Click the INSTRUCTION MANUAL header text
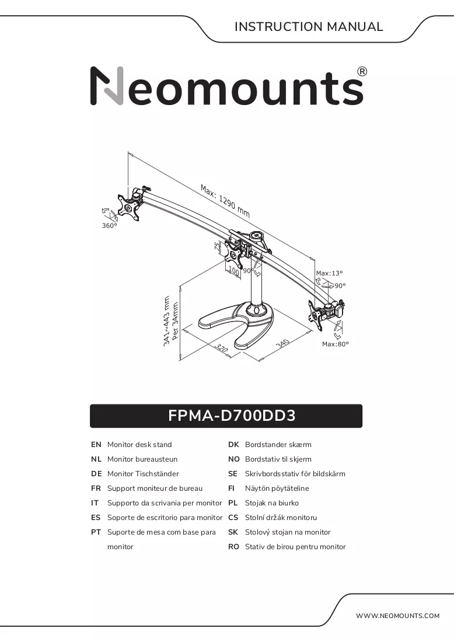(x=309, y=27)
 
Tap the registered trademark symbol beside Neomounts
(x=362, y=72)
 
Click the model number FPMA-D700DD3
(x=232, y=416)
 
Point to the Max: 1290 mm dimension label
(x=225, y=201)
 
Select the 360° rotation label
(x=109, y=226)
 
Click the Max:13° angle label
(x=329, y=273)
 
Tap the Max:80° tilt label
(x=336, y=344)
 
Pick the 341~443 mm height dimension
(x=167, y=321)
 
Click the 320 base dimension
(x=222, y=348)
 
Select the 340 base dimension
(x=282, y=344)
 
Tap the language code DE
(x=96, y=474)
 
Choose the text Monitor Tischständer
(x=143, y=474)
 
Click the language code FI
(x=231, y=488)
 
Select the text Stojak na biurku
(x=272, y=503)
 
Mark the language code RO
(x=233, y=547)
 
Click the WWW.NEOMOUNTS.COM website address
(x=398, y=615)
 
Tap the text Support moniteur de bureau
(x=155, y=488)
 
